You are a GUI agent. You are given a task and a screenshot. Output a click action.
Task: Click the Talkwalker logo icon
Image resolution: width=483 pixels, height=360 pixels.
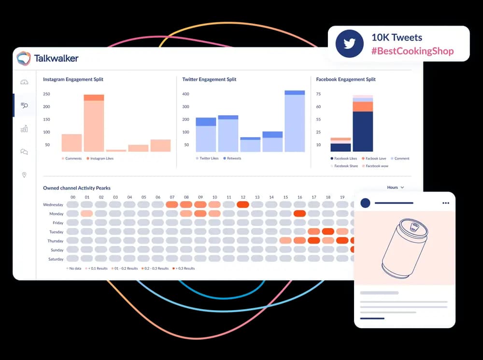pyautogui.click(x=24, y=58)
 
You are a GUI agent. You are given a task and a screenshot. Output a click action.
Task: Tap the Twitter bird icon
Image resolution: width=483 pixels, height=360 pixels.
pyautogui.click(x=349, y=44)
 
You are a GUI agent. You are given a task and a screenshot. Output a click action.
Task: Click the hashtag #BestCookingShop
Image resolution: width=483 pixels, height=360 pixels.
pyautogui.click(x=412, y=51)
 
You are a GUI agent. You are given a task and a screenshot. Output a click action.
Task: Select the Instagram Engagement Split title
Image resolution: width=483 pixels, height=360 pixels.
pyautogui.click(x=73, y=79)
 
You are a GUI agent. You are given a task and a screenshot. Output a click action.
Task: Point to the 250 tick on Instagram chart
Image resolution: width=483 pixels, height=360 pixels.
pyautogui.click(x=46, y=94)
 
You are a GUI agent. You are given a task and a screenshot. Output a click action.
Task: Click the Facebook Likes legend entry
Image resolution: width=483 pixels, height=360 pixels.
pyautogui.click(x=343, y=158)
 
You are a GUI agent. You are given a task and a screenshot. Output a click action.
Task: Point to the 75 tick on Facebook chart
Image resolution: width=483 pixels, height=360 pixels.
pyautogui.click(x=318, y=94)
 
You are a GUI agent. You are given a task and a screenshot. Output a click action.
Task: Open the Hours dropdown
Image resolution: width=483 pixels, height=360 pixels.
pyautogui.click(x=395, y=187)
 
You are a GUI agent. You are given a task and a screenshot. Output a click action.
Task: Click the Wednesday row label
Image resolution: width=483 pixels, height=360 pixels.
pyautogui.click(x=53, y=204)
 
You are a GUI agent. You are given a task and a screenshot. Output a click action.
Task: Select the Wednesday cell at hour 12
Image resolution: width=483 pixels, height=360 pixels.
pyautogui.click(x=243, y=204)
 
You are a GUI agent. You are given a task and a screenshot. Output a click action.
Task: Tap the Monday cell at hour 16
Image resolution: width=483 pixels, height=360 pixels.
pyautogui.click(x=299, y=214)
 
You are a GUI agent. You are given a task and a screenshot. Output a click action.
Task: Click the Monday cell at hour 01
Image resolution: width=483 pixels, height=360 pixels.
pyautogui.click(x=87, y=214)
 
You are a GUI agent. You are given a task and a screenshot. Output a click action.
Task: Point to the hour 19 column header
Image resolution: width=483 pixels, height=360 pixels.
pyautogui.click(x=342, y=197)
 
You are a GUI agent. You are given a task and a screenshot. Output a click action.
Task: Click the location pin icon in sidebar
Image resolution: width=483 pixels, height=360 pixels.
pyautogui.click(x=24, y=175)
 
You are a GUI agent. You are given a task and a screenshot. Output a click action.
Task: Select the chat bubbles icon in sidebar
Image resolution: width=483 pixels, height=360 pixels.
pyautogui.click(x=24, y=152)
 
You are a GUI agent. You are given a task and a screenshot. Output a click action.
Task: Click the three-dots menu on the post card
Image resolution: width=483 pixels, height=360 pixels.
pyautogui.click(x=445, y=203)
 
